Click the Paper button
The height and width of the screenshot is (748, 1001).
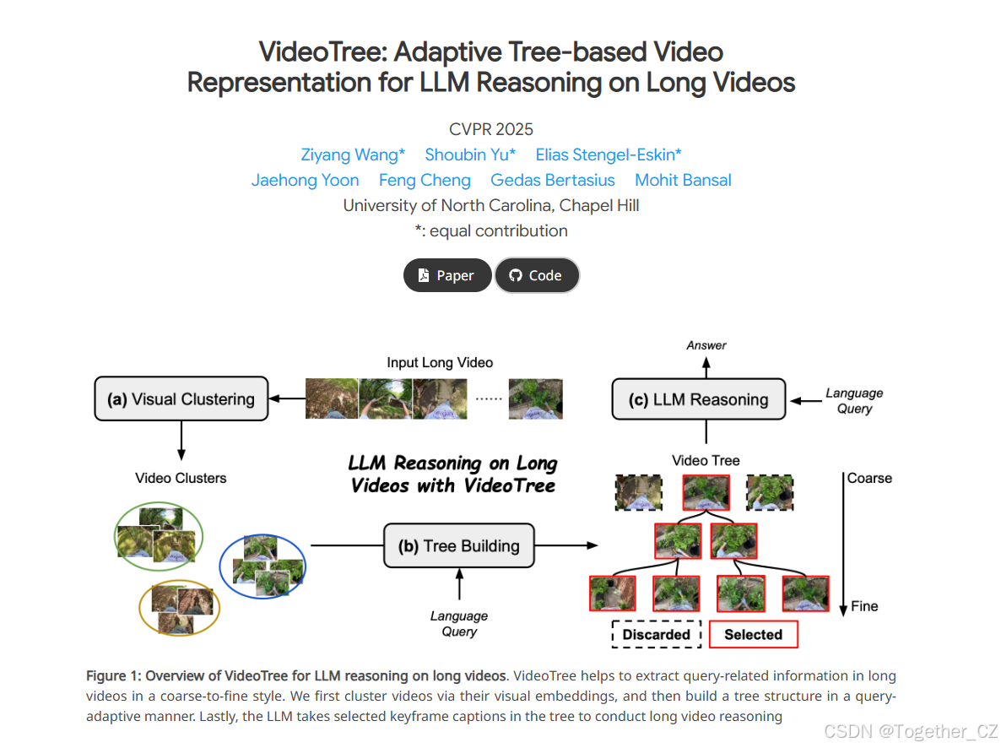[447, 275]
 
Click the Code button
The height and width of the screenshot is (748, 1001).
[537, 275]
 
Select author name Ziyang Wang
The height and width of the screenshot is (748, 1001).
[353, 154]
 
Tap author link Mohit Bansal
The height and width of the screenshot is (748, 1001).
[683, 180]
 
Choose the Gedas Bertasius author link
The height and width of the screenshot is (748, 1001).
[553, 180]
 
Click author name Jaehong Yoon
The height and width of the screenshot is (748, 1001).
[305, 180]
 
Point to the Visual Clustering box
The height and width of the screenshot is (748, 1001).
[181, 399]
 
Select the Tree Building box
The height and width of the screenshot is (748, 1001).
[459, 546]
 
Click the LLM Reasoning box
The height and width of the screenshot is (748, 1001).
[699, 399]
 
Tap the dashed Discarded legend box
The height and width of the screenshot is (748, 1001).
[656, 635]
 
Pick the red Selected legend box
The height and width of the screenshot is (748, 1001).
[753, 635]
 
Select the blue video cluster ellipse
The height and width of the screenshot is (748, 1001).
[262, 565]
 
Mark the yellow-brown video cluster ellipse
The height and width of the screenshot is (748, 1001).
[179, 607]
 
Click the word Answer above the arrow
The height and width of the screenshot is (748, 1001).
[706, 344]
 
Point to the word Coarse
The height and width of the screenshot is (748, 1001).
[869, 478]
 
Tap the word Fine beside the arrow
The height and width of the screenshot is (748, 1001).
[864, 606]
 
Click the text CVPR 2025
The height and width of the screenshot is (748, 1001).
[491, 129]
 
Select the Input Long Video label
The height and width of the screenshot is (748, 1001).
[440, 362]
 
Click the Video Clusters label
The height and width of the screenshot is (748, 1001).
[181, 478]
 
